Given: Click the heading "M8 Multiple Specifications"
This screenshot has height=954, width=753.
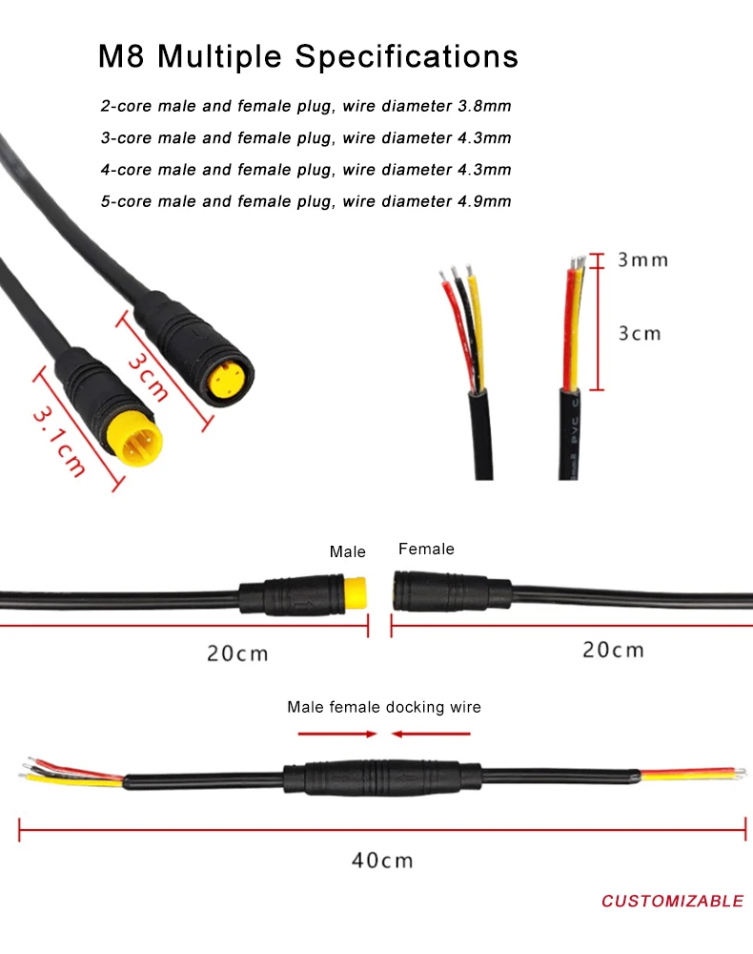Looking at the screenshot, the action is (308, 56).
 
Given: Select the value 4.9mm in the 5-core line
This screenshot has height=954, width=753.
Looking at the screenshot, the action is (485, 201).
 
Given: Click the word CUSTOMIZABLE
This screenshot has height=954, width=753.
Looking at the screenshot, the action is (672, 901).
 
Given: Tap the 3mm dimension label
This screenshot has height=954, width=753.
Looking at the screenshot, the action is (642, 259).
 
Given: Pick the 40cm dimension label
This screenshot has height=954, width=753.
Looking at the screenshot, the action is (382, 860).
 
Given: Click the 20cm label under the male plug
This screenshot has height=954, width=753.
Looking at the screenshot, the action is (237, 653).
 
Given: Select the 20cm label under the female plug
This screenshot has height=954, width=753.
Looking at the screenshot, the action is (613, 650).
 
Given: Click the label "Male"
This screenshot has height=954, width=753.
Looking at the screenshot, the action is (348, 551).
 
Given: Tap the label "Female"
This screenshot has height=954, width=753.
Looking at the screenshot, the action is (426, 549).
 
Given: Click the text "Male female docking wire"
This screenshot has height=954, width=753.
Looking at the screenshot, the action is (384, 707).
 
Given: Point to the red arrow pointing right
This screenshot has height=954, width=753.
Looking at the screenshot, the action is (338, 734).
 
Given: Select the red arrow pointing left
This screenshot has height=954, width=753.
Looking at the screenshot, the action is (431, 734).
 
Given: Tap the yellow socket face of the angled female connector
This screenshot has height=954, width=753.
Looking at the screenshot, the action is (230, 380).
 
